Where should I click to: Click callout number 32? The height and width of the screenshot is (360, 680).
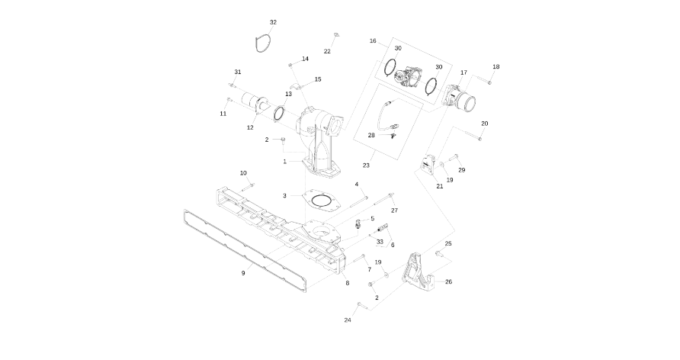pos(273,22)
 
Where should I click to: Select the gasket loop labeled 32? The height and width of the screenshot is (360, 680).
pos(256,44)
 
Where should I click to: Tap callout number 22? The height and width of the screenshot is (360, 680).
pos(327,51)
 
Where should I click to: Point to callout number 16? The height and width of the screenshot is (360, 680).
pos(373,40)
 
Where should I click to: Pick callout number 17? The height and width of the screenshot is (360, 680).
pos(463,72)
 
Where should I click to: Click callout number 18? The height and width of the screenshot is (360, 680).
pos(496,67)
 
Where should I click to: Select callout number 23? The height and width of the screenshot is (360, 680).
pos(366,166)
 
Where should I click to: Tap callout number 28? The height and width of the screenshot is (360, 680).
pos(371,135)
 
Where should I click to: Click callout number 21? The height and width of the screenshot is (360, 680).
pos(440,186)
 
